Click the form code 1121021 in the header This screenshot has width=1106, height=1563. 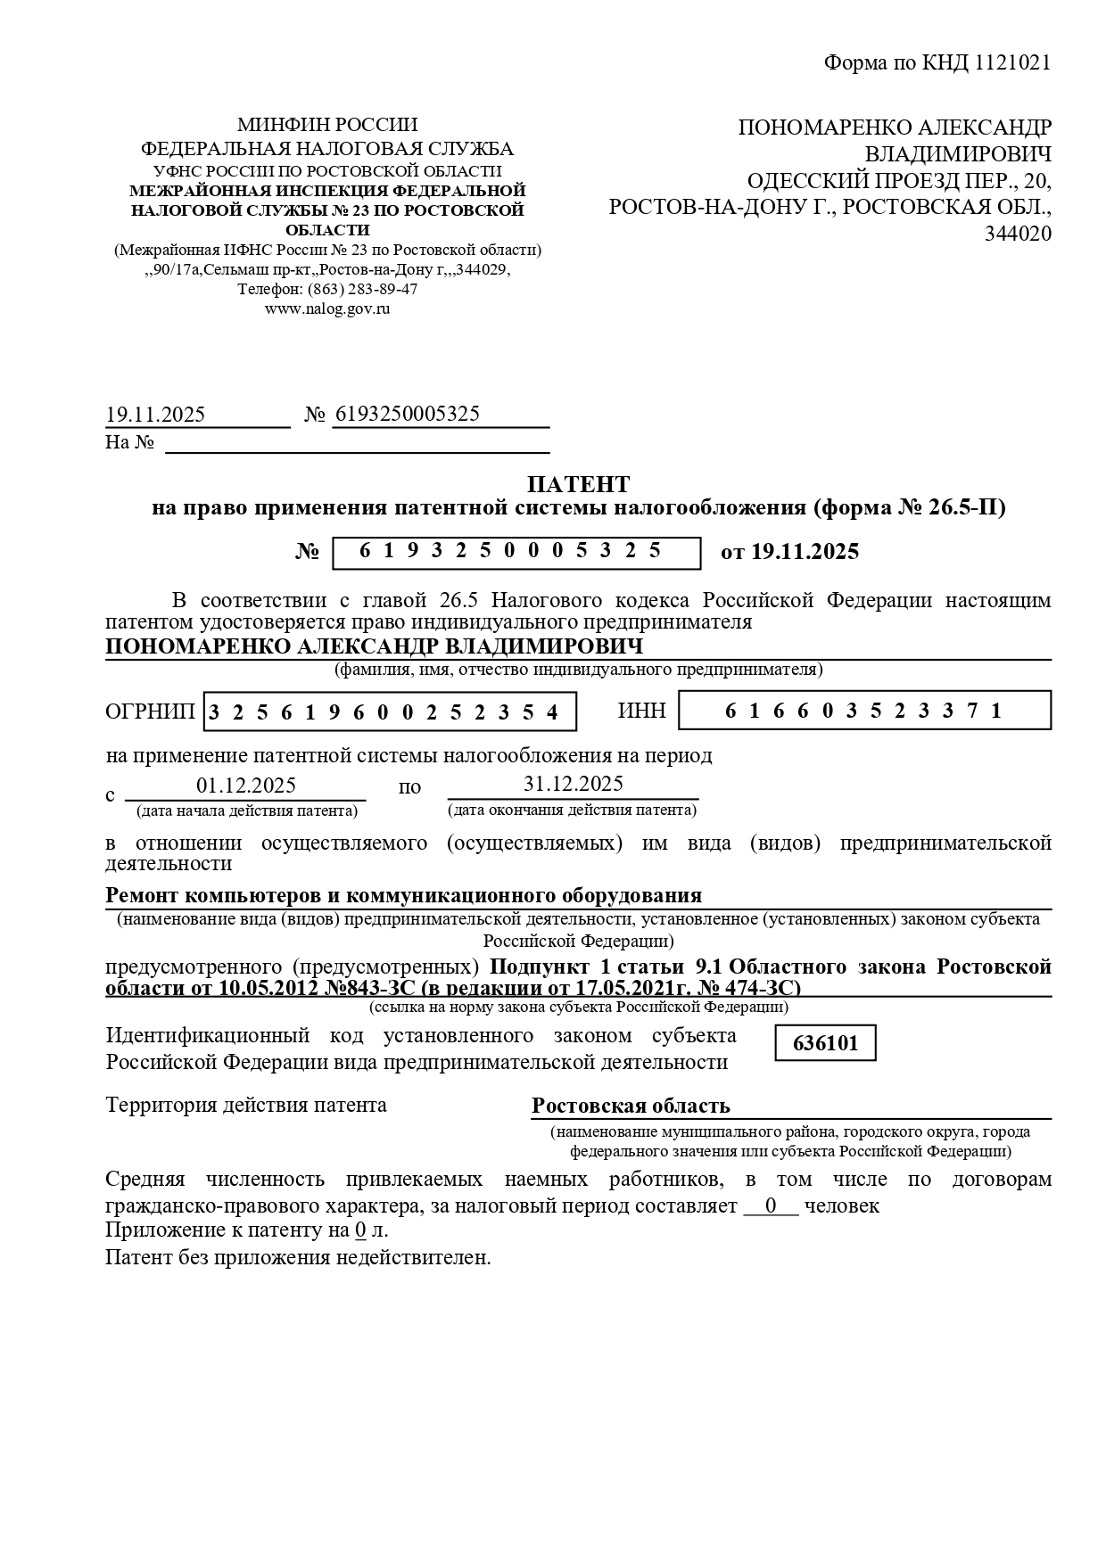1013,62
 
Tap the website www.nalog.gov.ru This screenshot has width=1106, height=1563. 327,308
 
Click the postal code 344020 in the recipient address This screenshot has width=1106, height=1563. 1018,234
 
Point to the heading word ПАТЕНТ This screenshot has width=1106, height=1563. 578,484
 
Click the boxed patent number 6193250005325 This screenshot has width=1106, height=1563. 516,552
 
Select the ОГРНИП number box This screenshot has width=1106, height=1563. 390,712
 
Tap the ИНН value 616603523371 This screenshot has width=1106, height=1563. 864,711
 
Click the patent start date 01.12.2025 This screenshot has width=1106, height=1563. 246,786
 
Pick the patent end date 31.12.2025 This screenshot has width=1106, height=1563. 573,784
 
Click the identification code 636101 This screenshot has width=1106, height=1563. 825,1043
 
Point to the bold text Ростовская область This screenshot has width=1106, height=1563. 631,1106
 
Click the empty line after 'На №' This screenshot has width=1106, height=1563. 357,442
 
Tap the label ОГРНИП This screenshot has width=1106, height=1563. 150,712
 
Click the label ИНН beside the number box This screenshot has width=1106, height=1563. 641,711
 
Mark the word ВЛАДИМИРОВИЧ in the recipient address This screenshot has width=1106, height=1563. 958,153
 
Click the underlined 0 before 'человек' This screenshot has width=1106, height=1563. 771,1206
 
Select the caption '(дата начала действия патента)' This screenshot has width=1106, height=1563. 247,810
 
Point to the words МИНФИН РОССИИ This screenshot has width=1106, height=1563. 327,125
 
